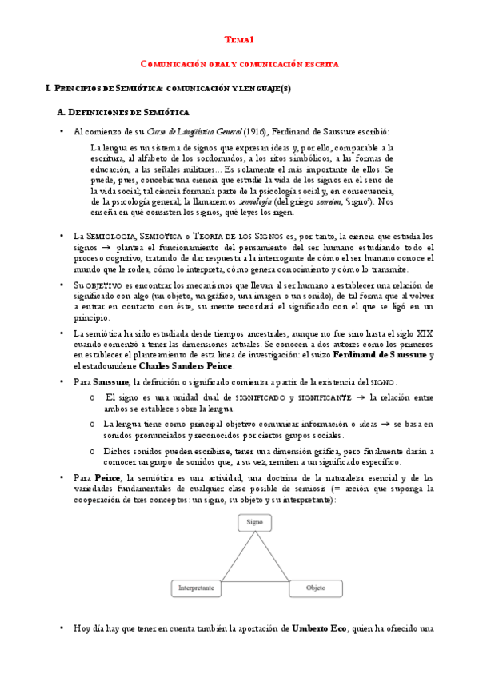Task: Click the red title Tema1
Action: (x=239, y=38)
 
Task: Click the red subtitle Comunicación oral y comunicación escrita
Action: (x=239, y=62)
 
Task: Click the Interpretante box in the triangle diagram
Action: (x=194, y=588)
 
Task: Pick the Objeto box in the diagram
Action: (x=316, y=588)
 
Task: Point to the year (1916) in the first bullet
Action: (x=254, y=130)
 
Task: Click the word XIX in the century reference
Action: (x=425, y=332)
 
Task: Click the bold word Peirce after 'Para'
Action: (x=108, y=477)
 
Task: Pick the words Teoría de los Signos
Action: (x=209, y=236)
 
